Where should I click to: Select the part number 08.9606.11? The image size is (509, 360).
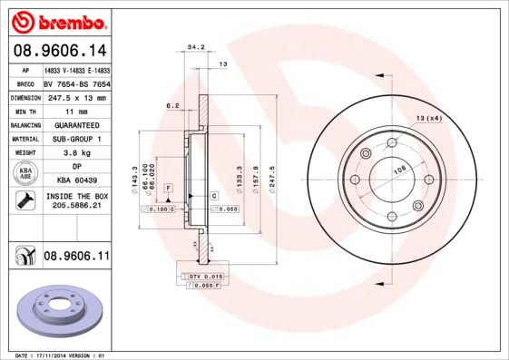click(x=76, y=258)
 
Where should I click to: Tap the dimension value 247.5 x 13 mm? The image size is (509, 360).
click(x=76, y=97)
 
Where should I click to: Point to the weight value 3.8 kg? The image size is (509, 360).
click(x=76, y=153)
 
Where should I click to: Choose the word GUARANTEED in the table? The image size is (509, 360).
click(x=76, y=124)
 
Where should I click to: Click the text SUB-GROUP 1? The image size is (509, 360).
click(x=76, y=139)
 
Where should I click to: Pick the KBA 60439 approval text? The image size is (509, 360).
click(x=76, y=180)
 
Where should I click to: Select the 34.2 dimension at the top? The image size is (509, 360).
click(x=194, y=46)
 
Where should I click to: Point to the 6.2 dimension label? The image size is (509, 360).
click(x=171, y=106)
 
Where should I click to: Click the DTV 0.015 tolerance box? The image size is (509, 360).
click(x=205, y=275)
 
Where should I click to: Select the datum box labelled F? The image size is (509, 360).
click(x=169, y=187)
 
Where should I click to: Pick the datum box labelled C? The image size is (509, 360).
click(x=214, y=195)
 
